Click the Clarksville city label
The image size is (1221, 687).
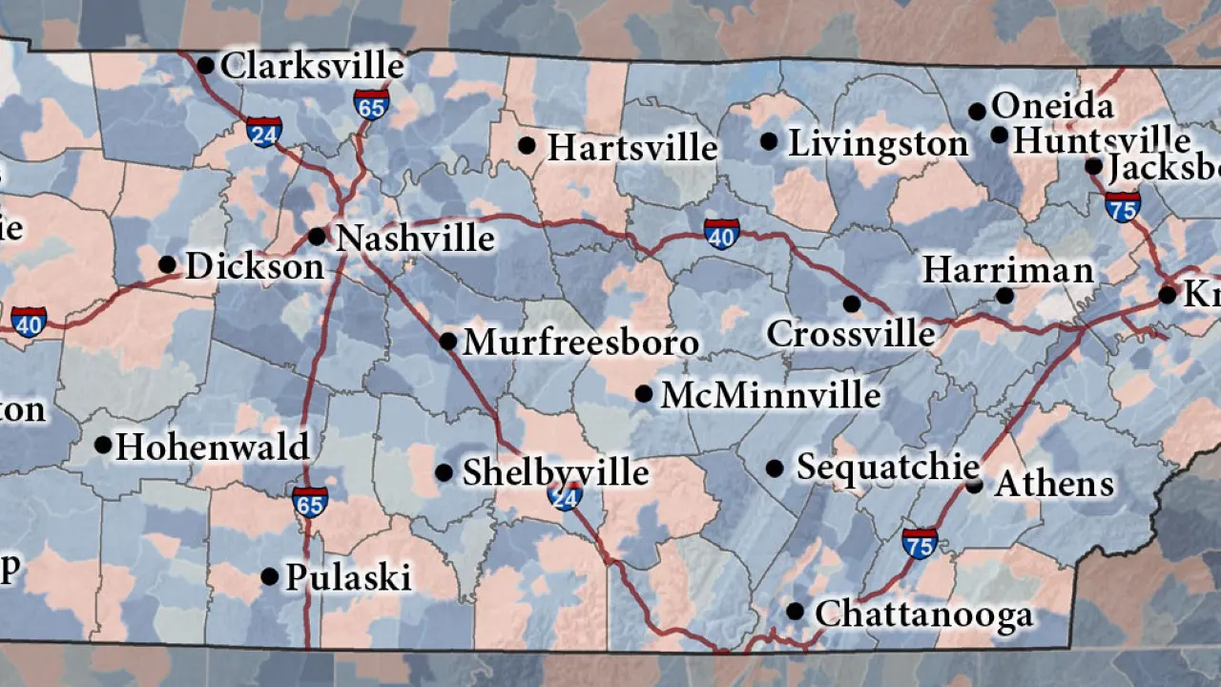point(313,67)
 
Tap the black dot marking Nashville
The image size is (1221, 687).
point(317,236)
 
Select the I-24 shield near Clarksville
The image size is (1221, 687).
point(264,132)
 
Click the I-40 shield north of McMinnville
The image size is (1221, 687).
point(721,233)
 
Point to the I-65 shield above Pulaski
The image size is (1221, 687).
point(310,502)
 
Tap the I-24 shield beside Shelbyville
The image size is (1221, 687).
point(565,494)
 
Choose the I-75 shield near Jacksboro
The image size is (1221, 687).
point(1123,205)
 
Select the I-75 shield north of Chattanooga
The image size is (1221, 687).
point(920,543)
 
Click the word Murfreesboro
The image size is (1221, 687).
point(581,343)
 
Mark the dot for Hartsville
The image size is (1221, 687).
point(527,145)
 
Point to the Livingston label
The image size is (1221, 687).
point(878,144)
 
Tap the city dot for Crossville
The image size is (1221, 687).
point(851,303)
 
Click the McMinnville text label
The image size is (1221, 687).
point(771,394)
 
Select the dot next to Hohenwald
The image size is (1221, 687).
point(103,445)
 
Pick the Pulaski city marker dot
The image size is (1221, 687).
point(270,576)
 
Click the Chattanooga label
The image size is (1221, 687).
point(923,614)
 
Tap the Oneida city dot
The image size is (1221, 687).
point(977,112)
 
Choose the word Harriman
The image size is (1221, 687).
point(1007,270)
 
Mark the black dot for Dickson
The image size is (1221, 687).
point(167,264)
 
